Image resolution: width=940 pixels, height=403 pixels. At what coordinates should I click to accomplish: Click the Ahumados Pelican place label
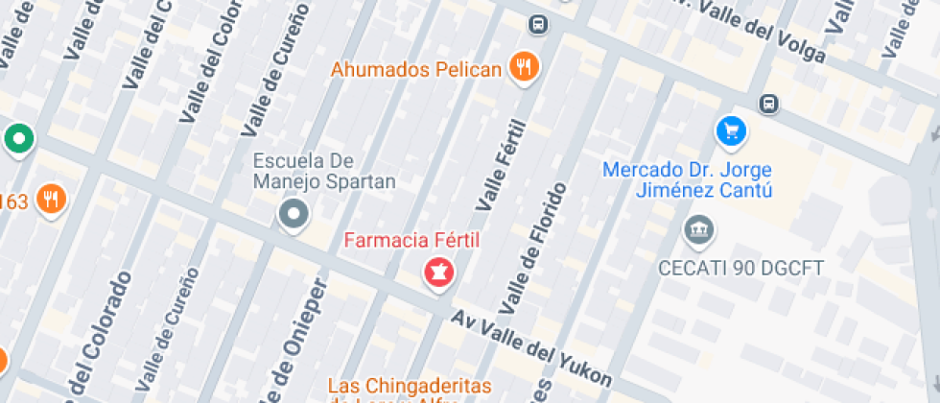click(417, 69)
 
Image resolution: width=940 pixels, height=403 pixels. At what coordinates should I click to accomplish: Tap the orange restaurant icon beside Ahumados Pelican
click(524, 66)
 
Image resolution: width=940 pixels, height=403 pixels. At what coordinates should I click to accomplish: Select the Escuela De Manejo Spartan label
click(324, 170)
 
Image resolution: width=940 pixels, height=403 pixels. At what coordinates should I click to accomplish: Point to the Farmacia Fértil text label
click(411, 239)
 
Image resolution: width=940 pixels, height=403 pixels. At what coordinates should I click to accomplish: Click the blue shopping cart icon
click(731, 130)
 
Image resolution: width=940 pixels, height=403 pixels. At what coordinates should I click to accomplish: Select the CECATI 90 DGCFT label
click(729, 268)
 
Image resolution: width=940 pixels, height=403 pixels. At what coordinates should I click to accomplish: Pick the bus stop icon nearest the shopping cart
click(768, 103)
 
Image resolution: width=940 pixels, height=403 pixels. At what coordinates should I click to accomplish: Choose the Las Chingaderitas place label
click(410, 386)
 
